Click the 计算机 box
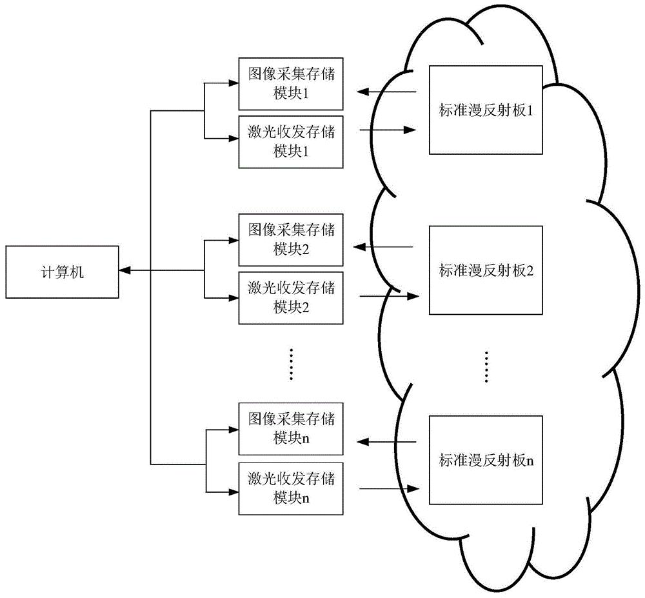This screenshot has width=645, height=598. [63, 272]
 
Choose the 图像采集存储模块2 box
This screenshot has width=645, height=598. [292, 239]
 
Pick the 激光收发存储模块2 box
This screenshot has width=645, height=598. [292, 297]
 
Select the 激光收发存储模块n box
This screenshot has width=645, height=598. [292, 488]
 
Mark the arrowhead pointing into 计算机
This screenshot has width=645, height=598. [124, 272]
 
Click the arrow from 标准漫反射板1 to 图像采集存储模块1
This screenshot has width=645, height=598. [387, 92]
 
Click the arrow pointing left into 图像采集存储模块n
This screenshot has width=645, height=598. [386, 442]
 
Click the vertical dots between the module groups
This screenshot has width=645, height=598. [292, 364]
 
